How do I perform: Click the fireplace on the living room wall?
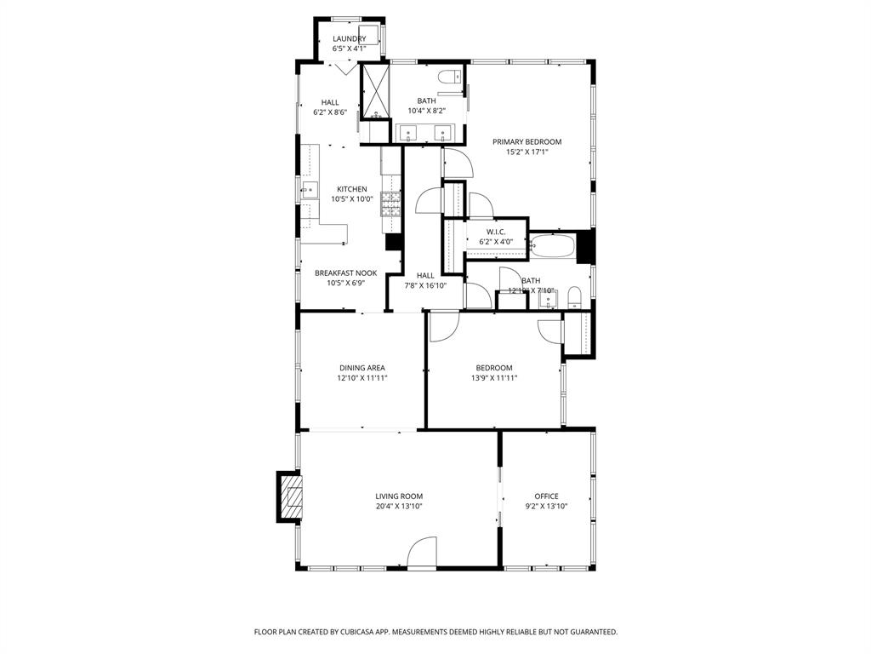[x=290, y=497]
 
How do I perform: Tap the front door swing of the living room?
[x=422, y=553]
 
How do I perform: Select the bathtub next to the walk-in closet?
[x=551, y=247]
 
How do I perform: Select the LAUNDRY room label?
[x=349, y=39]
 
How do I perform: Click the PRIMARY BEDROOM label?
[x=527, y=142]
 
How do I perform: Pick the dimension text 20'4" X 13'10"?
[x=399, y=507]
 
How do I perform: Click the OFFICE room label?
[x=546, y=496]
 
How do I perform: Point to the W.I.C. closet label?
[x=496, y=232]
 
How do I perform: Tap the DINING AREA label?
[x=362, y=368]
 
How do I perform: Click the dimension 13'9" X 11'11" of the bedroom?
[x=493, y=378]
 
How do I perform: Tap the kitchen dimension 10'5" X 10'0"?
[x=352, y=199]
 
